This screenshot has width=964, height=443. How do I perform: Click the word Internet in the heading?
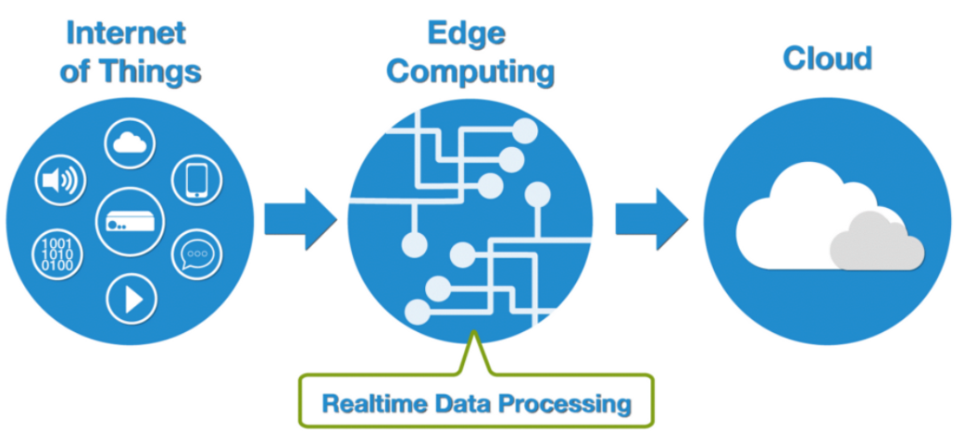tap(125, 32)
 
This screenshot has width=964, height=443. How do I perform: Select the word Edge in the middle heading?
tap(466, 32)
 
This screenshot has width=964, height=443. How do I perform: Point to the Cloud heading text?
tap(827, 58)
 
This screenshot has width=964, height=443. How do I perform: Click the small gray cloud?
tap(875, 242)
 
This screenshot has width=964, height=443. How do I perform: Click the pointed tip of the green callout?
tap(474, 335)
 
